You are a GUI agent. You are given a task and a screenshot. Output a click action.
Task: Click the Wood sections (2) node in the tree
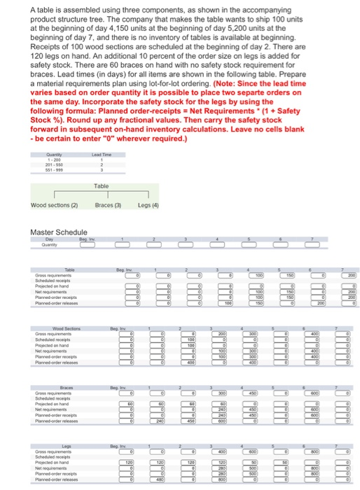(x=52, y=205)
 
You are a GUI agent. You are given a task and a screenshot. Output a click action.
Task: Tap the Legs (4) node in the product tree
(x=148, y=205)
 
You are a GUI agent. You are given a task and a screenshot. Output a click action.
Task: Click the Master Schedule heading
(x=60, y=232)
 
